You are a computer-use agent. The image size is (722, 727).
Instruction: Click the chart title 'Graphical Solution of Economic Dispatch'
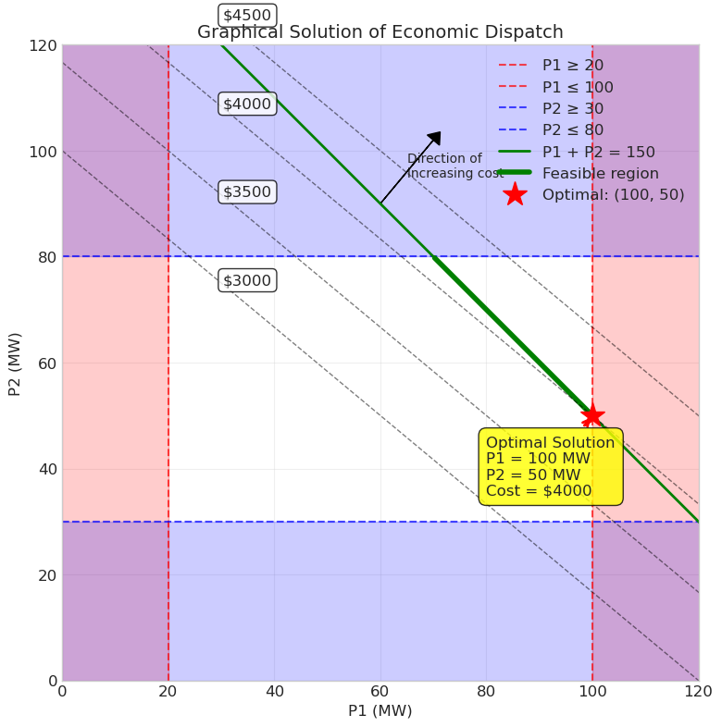pos(380,32)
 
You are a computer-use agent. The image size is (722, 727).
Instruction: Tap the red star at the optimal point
pos(592,415)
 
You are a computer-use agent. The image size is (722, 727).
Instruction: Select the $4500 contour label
pos(247,16)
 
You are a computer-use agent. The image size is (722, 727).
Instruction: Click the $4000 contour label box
pos(247,104)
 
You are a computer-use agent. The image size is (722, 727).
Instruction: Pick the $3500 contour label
pos(247,192)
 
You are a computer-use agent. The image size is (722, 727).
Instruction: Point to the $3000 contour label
pos(247,280)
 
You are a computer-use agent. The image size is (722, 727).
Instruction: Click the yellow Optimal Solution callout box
pos(551,466)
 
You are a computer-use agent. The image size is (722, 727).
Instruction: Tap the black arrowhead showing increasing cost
pos(435,138)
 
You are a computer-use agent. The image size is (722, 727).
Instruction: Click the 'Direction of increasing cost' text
pos(454,166)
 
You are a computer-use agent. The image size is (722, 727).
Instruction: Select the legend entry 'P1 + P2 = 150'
pos(577,152)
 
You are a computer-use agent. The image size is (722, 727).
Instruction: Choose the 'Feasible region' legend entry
pos(579,173)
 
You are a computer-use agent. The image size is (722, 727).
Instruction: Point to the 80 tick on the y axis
pos(47,257)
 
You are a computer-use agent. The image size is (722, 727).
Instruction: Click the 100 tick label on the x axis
pos(592,692)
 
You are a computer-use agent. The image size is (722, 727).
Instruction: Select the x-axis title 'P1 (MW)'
pos(380,710)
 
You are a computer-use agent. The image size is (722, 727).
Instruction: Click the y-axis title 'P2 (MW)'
pos(15,364)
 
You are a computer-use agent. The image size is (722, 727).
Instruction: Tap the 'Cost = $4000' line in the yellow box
pos(539,490)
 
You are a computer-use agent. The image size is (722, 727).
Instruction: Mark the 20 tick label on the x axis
pos(168,692)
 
